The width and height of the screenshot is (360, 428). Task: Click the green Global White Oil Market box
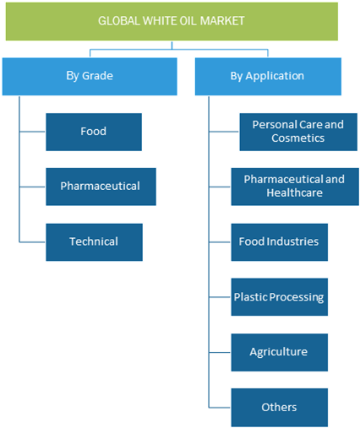[172, 21]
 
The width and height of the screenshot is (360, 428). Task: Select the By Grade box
[90, 77]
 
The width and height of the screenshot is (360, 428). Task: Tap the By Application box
[268, 77]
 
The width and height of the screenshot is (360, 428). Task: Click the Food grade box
[94, 132]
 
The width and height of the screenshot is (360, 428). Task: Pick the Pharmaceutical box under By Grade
[101, 187]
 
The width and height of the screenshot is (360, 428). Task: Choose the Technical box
[94, 242]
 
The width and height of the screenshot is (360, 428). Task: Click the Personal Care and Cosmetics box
[298, 132]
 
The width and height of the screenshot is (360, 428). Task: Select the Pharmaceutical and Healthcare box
[295, 187]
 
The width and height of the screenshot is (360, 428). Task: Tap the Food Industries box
[280, 242]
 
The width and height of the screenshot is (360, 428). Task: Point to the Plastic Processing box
[280, 297]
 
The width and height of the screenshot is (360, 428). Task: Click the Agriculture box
[280, 352]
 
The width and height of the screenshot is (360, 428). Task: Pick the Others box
[280, 408]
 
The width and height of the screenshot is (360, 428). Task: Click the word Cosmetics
[297, 138]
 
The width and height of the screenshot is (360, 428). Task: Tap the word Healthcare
[294, 192]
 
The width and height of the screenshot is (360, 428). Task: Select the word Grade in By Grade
[98, 76]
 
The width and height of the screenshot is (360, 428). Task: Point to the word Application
[275, 76]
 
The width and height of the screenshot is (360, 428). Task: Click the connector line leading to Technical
[32, 242]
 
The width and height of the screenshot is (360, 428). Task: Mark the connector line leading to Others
[220, 407]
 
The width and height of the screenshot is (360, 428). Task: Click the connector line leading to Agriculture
[220, 352]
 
